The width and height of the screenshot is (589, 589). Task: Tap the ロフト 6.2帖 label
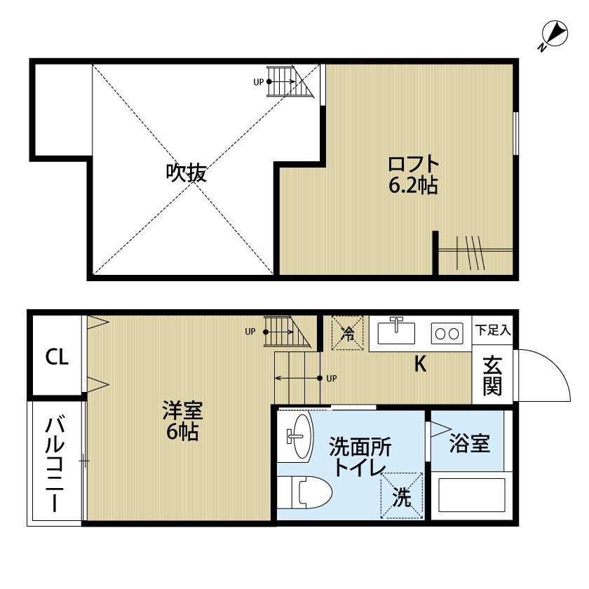(x=414, y=175)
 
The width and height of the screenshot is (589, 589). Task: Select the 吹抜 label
(x=186, y=172)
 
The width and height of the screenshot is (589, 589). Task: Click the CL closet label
(x=57, y=358)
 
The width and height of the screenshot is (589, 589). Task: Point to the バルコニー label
(x=55, y=463)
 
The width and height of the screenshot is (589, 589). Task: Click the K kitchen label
(x=420, y=365)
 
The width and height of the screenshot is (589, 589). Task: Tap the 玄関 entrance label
(x=492, y=376)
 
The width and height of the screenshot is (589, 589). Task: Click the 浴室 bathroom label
(x=469, y=443)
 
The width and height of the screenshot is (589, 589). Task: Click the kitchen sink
(x=396, y=332)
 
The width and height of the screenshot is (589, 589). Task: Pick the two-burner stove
(x=446, y=332)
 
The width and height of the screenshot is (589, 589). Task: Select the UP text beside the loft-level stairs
(x=258, y=82)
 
